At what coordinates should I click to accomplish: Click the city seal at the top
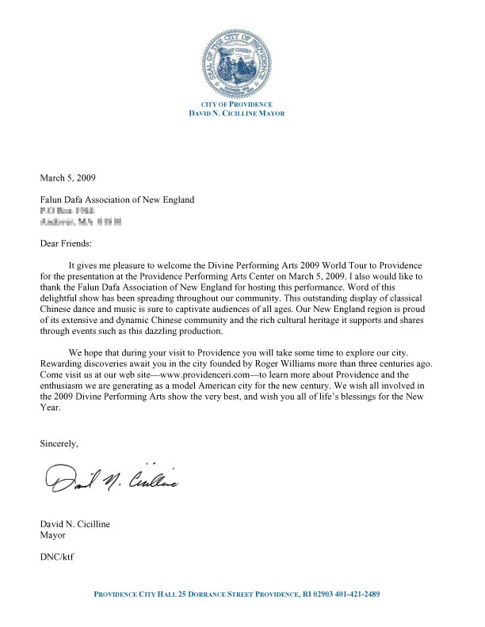pyautogui.click(x=242, y=62)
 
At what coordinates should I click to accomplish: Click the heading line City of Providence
pyautogui.click(x=242, y=104)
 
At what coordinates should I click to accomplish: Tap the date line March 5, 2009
pyautogui.click(x=68, y=178)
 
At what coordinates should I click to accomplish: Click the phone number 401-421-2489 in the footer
pyautogui.click(x=361, y=594)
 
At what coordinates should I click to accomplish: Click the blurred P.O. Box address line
pyautogui.click(x=67, y=212)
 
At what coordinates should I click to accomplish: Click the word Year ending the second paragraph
pyautogui.click(x=50, y=409)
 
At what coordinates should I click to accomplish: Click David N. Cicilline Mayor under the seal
pyautogui.click(x=242, y=114)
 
